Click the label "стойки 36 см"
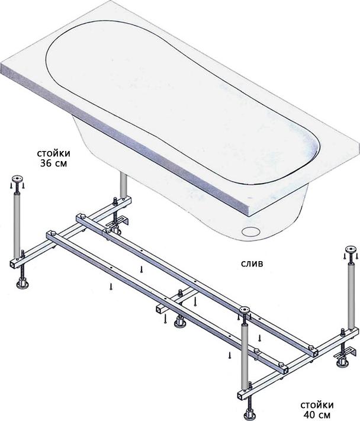[53, 159]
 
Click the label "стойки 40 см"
[317, 410]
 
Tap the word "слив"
[252, 263]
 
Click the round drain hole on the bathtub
[251, 232]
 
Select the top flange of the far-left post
[17, 179]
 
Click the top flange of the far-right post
[351, 249]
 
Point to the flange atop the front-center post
[245, 310]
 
